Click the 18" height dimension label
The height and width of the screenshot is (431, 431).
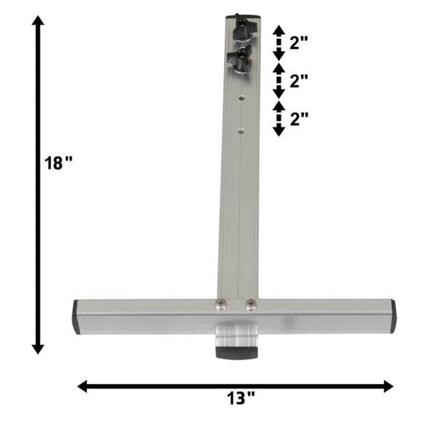coord(58,163)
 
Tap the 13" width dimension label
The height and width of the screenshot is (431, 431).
coord(241,398)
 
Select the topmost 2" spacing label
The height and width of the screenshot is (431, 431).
coord(299,42)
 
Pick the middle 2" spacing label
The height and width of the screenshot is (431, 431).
coord(299,81)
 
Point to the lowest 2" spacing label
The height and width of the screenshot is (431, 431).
coord(299,119)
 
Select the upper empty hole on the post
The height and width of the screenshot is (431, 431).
coord(241,97)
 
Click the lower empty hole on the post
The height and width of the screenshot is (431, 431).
coord(241,131)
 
